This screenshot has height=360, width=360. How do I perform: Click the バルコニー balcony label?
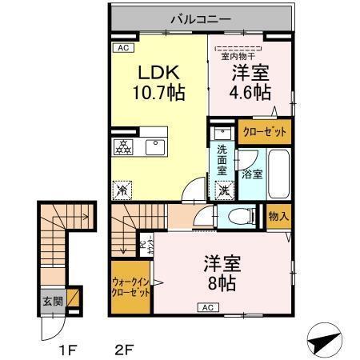point(201,17)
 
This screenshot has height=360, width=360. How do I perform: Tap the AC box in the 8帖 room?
point(206,307)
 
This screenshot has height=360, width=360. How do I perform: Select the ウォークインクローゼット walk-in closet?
point(130,287)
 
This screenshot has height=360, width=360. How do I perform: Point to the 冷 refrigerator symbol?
point(122,190)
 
